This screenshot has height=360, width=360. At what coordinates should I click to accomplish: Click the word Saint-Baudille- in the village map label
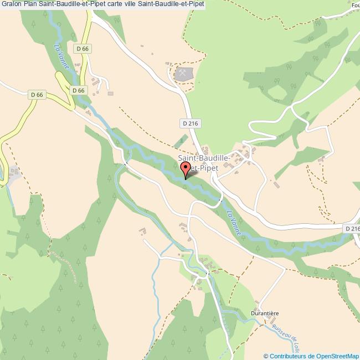(200, 158)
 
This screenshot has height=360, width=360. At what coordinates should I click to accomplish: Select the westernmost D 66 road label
(37, 95)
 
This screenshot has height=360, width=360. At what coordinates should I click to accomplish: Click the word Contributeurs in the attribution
(289, 356)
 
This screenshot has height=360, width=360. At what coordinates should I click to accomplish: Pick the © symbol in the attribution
(266, 356)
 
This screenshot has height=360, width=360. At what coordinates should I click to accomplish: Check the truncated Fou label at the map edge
(354, 6)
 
